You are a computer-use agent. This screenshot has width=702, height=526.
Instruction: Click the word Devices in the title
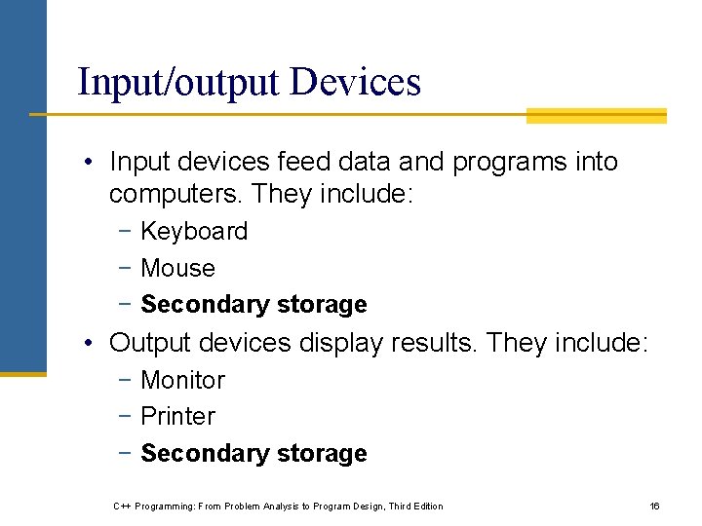[x=356, y=82]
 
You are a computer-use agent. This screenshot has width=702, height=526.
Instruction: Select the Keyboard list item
[x=194, y=232]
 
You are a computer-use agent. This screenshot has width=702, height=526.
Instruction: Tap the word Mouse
[x=177, y=268]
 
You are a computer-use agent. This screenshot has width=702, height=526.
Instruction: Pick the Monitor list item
[x=182, y=380]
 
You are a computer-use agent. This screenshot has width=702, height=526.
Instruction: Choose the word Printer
[x=177, y=417]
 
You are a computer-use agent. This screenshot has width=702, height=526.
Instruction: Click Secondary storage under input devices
[x=253, y=305]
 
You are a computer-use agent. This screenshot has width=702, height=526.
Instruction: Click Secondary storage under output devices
[x=253, y=454]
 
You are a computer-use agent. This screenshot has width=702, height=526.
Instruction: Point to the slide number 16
[x=655, y=507]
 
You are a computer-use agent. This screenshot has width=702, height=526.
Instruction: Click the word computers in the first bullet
[x=175, y=195]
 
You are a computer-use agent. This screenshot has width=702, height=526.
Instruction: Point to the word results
[x=438, y=343]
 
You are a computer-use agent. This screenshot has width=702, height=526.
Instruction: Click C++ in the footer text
[x=123, y=507]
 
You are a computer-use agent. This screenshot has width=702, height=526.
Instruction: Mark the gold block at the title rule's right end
[x=597, y=116]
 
